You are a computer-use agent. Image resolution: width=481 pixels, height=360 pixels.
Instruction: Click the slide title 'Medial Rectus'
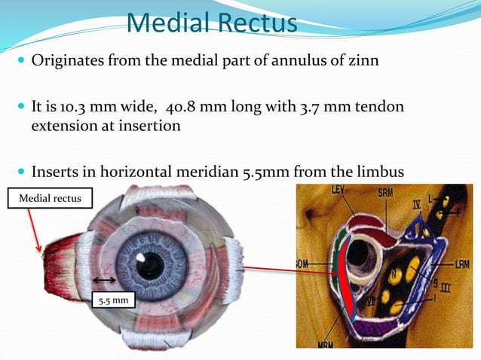(212, 22)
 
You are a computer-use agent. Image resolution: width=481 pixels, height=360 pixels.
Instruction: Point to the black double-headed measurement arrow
(106, 280)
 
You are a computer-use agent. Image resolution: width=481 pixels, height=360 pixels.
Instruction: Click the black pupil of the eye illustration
(151, 264)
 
